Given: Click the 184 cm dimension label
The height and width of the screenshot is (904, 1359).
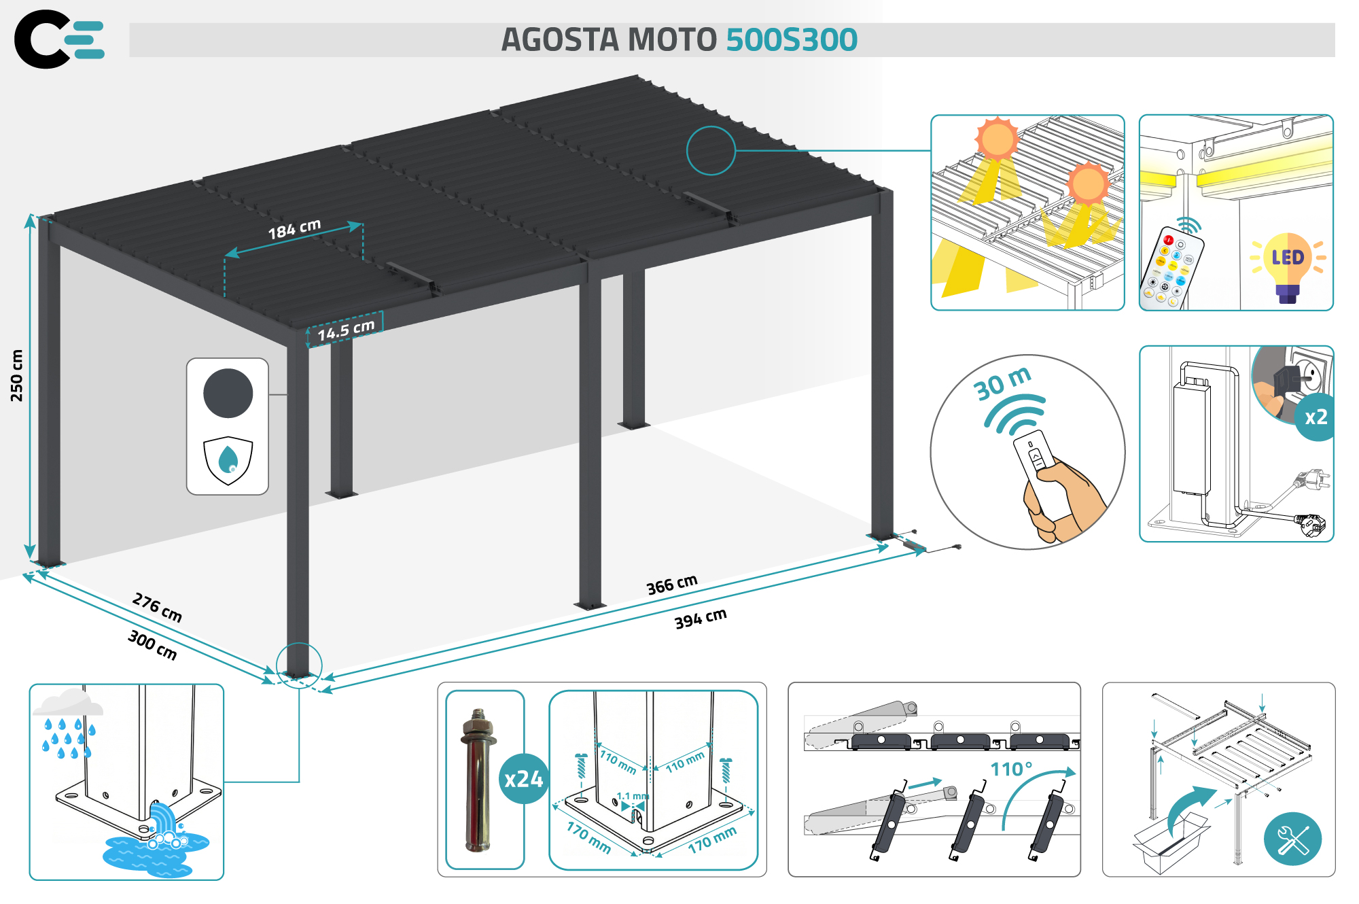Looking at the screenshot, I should coord(294,229).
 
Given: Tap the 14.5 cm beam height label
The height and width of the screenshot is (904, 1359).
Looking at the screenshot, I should coord(346,330).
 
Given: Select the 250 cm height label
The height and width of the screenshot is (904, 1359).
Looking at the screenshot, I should coord(16,376).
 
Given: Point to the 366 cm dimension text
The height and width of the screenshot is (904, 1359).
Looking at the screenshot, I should coord(671,585).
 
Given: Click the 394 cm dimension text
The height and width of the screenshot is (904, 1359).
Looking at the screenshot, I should coord(700,618).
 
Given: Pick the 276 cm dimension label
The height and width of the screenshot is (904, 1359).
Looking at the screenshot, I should coord(157,607).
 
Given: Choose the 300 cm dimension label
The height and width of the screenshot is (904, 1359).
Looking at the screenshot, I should coord(152,644).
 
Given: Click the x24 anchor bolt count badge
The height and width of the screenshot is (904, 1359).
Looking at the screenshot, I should coord(523,779).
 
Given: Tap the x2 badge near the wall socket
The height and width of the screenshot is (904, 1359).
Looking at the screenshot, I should coord(1316,417).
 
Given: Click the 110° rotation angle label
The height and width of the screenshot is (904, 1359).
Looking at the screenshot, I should coord(1011,769).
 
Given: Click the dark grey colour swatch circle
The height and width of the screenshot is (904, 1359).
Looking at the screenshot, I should coord(228,393).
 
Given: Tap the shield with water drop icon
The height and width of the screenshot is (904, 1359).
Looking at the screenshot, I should coord(228,460).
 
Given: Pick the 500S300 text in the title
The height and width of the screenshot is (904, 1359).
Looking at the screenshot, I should coord(792,40).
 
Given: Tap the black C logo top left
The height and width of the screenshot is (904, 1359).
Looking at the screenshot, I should coord(41,39).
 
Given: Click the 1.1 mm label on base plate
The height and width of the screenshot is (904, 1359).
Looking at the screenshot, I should coord(632,796).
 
